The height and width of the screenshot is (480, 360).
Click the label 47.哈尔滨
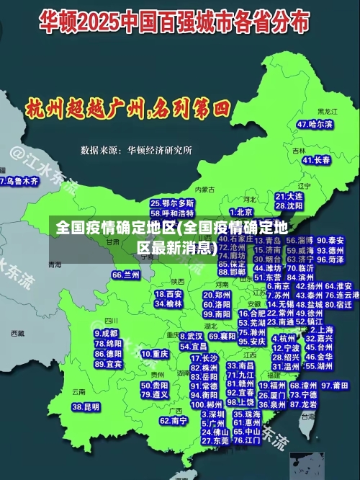[x=315, y=124]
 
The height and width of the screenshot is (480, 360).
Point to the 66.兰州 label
[x=126, y=275]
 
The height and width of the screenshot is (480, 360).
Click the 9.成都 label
[x=107, y=334]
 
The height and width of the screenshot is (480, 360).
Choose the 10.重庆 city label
[x=156, y=354]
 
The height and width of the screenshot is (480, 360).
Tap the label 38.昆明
[x=86, y=406]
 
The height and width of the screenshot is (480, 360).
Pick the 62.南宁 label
[x=174, y=420]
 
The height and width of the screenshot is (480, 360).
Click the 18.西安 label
[x=168, y=294]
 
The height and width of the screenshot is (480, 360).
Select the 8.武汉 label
[x=190, y=336]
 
